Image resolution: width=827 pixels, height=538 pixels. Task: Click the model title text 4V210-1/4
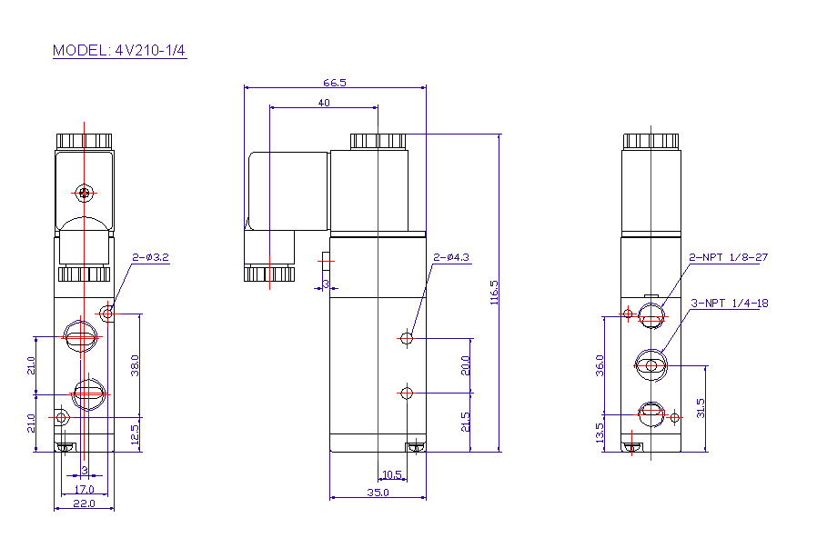(x=150, y=50)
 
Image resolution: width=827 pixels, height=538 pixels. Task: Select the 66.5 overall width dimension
(x=335, y=83)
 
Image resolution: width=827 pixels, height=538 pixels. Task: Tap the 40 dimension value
(x=324, y=103)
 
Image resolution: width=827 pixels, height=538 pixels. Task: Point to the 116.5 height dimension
(x=494, y=293)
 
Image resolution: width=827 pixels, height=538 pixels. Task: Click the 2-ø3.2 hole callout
(x=150, y=257)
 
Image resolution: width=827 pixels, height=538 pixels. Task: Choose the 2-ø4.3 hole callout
(x=451, y=257)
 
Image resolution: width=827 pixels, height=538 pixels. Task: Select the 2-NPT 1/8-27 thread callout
(x=729, y=257)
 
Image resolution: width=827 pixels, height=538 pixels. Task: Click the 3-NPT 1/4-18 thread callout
(x=730, y=303)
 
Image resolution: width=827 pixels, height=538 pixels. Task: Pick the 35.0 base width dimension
(x=378, y=493)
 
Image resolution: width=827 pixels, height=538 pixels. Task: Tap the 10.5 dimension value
(x=392, y=474)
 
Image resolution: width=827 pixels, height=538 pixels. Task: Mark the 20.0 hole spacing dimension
(x=465, y=365)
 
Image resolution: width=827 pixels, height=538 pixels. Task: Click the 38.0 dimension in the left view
(x=135, y=365)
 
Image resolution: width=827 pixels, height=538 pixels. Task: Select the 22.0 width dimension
(x=84, y=503)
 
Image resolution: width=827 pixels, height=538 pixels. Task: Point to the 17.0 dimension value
(x=84, y=490)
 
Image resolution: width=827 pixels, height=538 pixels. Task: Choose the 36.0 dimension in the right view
(x=600, y=365)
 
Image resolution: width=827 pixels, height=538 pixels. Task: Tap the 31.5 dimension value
(x=701, y=408)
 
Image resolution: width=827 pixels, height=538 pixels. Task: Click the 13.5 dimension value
(x=600, y=433)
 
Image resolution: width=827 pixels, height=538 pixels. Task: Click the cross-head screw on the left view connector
(x=84, y=194)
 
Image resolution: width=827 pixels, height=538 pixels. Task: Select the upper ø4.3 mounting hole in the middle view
(x=407, y=338)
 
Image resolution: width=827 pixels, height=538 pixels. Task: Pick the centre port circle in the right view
(x=651, y=365)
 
